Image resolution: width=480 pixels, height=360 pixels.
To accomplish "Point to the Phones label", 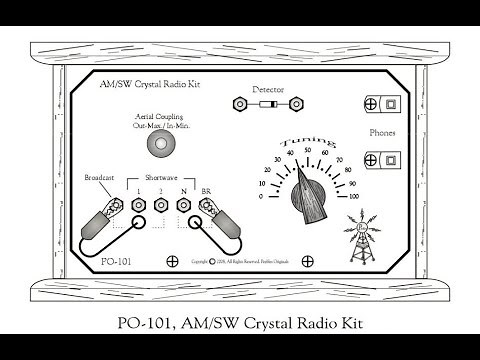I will pyautogui.click(x=383, y=130).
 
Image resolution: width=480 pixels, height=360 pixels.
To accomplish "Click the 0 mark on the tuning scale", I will pyautogui.click(x=262, y=196).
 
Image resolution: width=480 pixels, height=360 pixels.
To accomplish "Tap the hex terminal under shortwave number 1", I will pyautogui.click(x=140, y=206).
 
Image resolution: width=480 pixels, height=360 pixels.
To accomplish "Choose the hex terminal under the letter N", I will pyautogui.click(x=184, y=206).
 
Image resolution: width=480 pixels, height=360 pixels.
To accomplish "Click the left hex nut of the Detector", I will pyautogui.click(x=239, y=104).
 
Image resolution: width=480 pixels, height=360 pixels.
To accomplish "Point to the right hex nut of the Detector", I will pyautogui.click(x=297, y=104).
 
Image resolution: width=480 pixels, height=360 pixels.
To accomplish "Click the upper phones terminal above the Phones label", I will pyautogui.click(x=381, y=104).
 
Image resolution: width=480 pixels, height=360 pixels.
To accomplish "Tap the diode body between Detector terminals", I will pyautogui.click(x=268, y=104).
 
